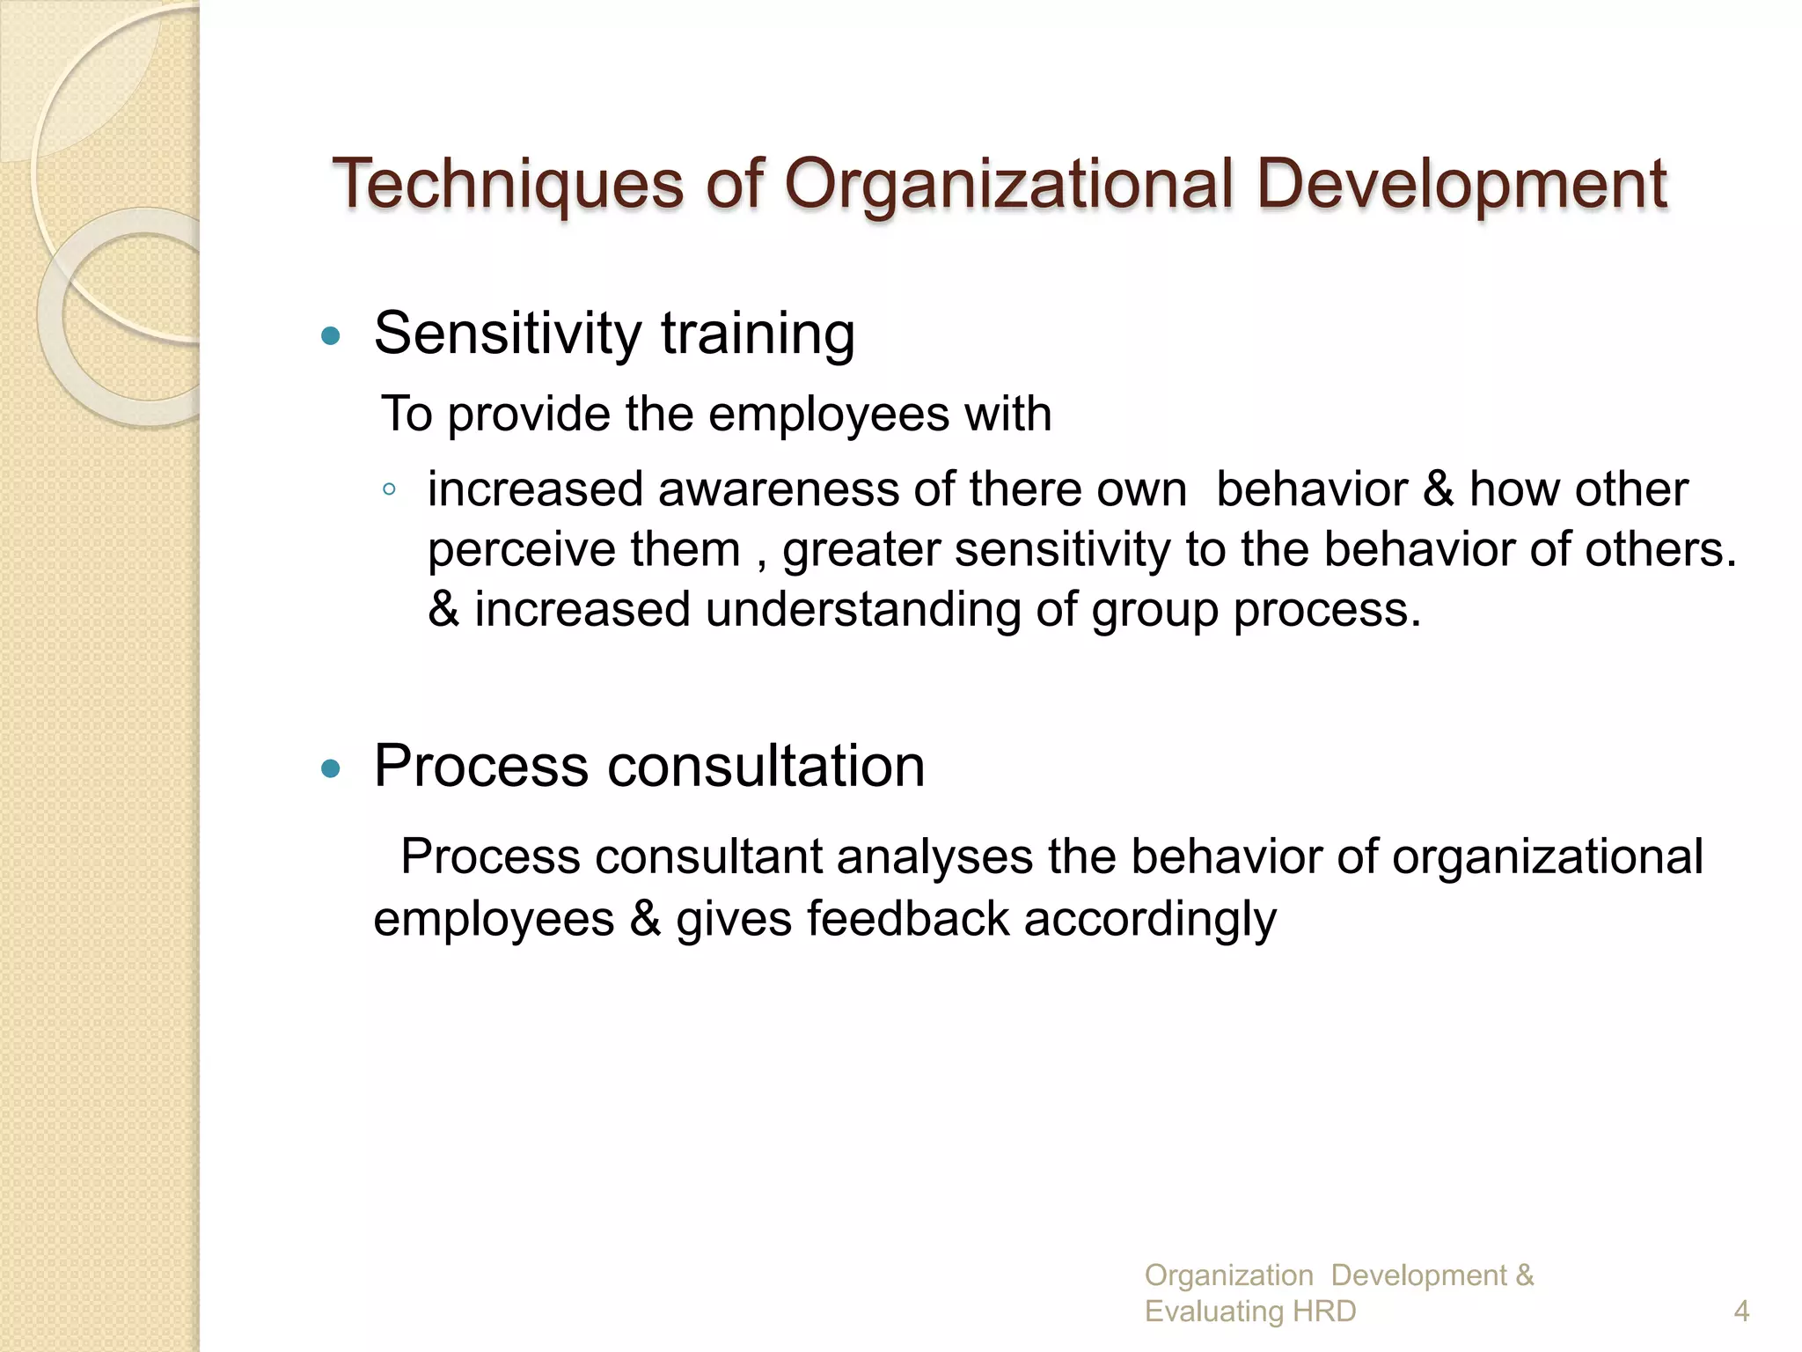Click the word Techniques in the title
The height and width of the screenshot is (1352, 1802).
[508, 184]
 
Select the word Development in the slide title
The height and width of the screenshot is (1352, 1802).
[1461, 184]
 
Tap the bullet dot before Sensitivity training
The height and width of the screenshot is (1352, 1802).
[331, 335]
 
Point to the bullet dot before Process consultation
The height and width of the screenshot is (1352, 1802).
[331, 768]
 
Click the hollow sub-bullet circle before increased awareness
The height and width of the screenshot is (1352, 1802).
[389, 489]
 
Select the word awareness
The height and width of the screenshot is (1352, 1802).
[777, 489]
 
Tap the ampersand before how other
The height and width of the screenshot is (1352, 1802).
[1438, 489]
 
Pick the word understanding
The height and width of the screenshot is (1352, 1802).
[862, 609]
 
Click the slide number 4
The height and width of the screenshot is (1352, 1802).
[1741, 1312]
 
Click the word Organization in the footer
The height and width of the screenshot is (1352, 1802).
[1228, 1275]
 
